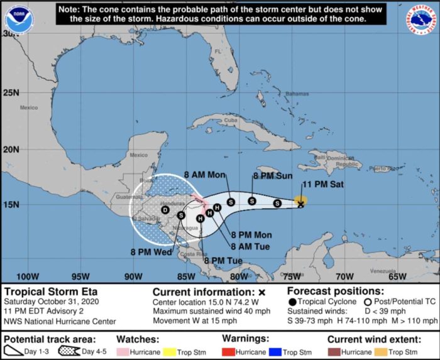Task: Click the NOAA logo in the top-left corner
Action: (x=17, y=19)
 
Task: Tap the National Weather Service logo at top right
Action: (x=422, y=19)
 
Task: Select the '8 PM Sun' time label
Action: (x=272, y=177)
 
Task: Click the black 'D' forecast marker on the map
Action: (x=165, y=210)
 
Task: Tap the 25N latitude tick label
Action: (x=11, y=93)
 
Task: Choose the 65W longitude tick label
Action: (x=397, y=276)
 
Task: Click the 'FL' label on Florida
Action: (x=219, y=52)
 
